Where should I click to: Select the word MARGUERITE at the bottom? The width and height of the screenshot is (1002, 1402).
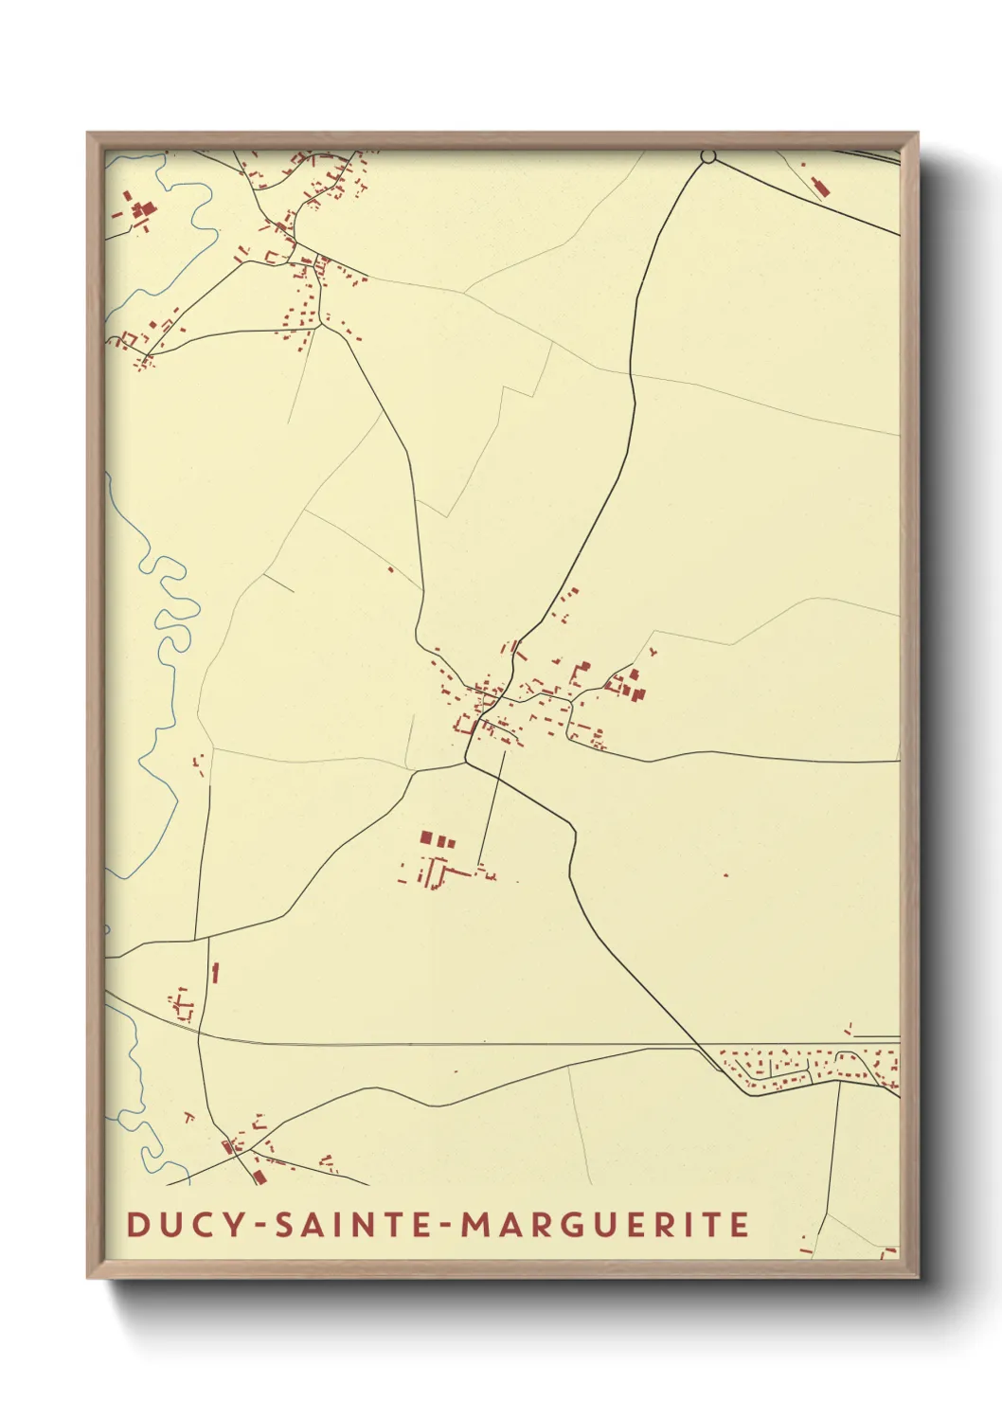[605, 1224]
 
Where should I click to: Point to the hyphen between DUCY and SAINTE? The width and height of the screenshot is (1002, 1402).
[260, 1225]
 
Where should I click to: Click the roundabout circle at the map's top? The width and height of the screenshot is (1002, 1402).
[707, 156]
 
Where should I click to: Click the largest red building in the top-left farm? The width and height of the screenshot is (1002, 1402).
[144, 210]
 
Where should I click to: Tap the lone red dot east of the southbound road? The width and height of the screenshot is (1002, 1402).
[726, 874]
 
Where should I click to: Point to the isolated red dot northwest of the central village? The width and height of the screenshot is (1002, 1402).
[390, 569]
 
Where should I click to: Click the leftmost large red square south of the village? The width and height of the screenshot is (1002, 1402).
[426, 837]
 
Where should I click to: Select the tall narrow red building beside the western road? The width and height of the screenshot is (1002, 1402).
[216, 972]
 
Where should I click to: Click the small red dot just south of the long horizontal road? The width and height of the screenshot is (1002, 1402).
[456, 1071]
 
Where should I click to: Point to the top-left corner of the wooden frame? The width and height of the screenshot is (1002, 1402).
[88, 134]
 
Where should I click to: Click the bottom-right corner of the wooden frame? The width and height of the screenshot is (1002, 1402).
[917, 1277]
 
